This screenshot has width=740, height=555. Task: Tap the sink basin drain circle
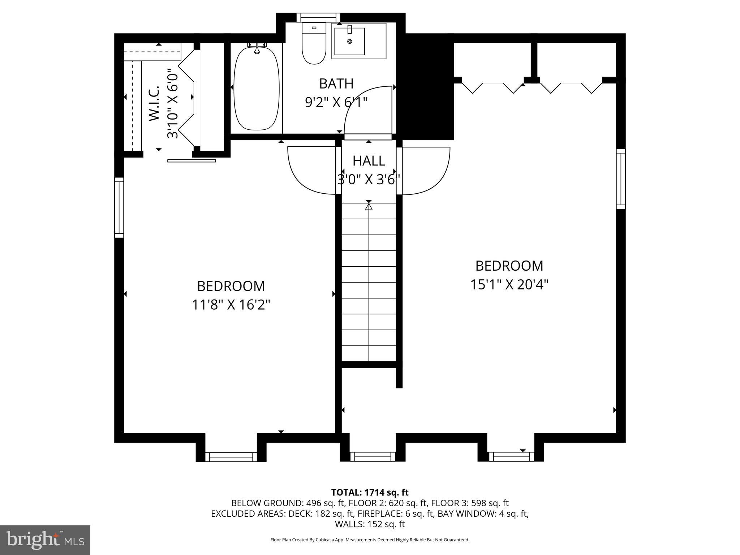click(x=349, y=42)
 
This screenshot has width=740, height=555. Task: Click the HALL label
click(x=369, y=161)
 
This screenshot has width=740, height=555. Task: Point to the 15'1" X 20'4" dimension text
click(x=509, y=285)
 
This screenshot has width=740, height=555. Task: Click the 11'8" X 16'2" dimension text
click(x=231, y=305)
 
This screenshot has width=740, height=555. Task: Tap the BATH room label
click(x=336, y=84)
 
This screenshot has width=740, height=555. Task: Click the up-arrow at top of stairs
click(x=369, y=207)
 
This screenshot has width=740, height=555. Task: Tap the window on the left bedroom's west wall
click(x=119, y=207)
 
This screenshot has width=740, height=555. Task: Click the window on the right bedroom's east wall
click(x=620, y=179)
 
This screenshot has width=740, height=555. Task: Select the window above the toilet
click(x=318, y=17)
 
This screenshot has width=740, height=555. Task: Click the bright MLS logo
click(x=45, y=540)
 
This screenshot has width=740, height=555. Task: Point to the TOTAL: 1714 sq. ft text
click(x=370, y=492)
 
